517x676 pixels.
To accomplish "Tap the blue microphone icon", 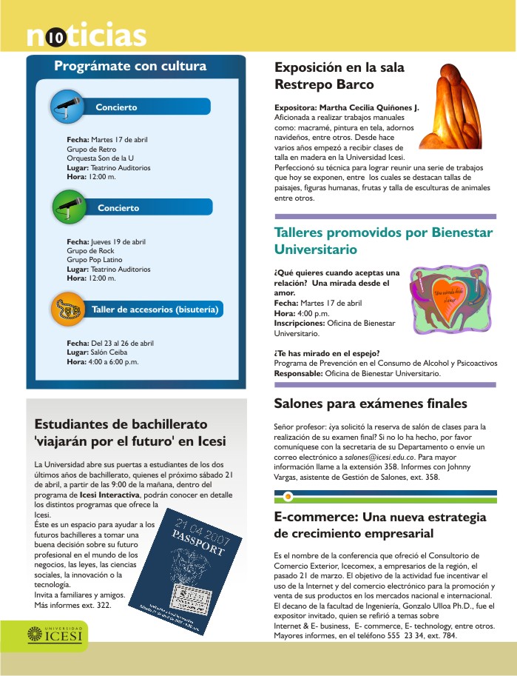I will point(67,107).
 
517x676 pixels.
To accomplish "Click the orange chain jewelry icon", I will point(68,309).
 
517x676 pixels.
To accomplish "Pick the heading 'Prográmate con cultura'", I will point(130,67).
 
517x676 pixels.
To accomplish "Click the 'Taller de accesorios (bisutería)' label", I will point(155,309).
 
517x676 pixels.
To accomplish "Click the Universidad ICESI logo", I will point(56,635).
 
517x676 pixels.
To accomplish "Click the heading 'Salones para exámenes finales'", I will point(370,404).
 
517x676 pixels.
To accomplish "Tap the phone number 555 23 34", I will point(419,635).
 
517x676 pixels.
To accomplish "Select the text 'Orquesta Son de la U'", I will point(100,158).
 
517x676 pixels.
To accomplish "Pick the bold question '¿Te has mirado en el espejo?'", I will point(327,353).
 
